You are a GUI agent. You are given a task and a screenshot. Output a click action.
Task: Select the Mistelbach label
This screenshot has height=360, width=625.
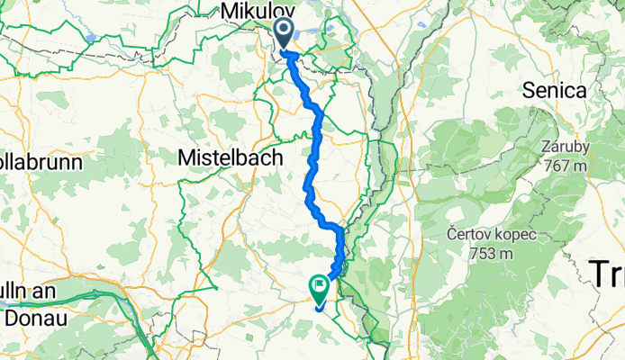(231, 157)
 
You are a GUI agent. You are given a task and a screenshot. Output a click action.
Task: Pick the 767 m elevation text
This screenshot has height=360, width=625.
(566, 165)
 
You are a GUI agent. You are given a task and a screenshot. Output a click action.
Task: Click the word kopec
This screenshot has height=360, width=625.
(518, 235)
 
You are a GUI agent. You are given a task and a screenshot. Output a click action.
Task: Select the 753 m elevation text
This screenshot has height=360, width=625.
(492, 253)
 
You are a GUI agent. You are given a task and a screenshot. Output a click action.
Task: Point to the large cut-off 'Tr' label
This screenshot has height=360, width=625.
(607, 272)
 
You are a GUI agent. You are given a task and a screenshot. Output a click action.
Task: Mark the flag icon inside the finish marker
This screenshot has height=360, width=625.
(320, 286)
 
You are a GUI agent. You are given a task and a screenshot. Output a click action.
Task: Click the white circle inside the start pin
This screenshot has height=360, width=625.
(283, 31)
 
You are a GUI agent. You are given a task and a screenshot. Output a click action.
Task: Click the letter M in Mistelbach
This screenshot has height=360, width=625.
(189, 157)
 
